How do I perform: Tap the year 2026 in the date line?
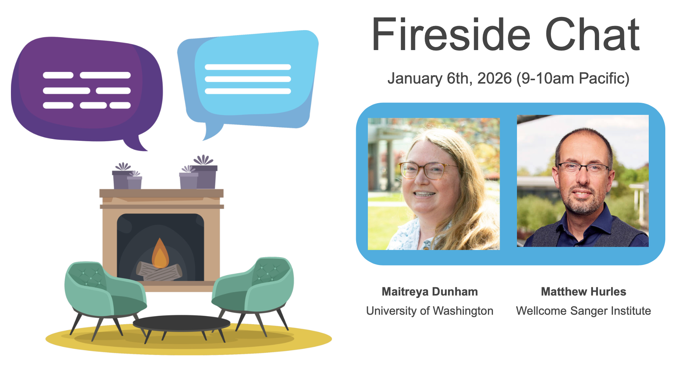pyautogui.click(x=494, y=78)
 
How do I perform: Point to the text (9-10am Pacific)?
pyautogui.click(x=573, y=79)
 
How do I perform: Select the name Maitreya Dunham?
pyautogui.click(x=430, y=292)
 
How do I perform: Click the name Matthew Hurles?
pyautogui.click(x=584, y=292)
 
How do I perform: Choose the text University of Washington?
pyautogui.click(x=430, y=311)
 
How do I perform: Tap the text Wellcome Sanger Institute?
pyautogui.click(x=584, y=311)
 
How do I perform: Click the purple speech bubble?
pyautogui.click(x=87, y=90)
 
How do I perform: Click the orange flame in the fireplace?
pyautogui.click(x=160, y=254)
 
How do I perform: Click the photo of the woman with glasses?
pyautogui.click(x=434, y=184)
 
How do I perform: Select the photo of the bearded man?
pyautogui.click(x=583, y=181)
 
